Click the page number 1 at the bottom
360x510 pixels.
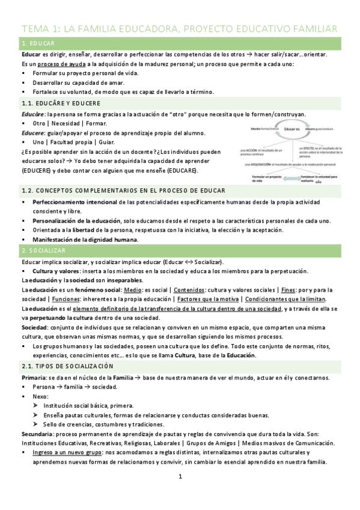[x=180, y=478]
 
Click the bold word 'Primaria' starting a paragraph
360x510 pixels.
[x=34, y=377]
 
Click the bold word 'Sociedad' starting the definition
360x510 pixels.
[x=34, y=328]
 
